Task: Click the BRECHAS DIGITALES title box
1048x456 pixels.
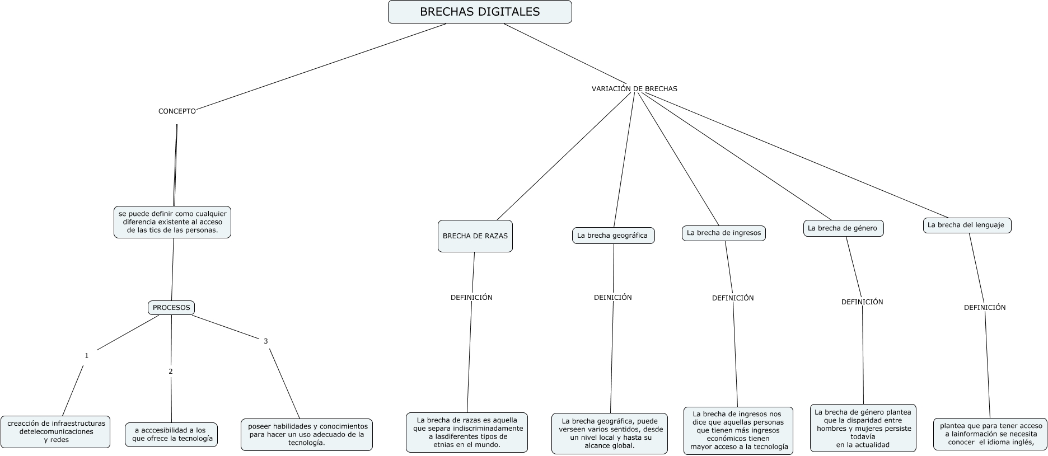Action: [x=480, y=12]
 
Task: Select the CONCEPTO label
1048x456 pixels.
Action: [x=177, y=111]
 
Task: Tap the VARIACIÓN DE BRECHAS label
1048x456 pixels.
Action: [x=634, y=88]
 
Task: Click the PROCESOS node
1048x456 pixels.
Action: [x=171, y=308]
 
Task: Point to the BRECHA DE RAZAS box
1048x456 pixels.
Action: [x=475, y=236]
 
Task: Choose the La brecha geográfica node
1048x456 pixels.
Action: [x=612, y=236]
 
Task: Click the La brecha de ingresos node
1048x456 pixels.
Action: [x=723, y=233]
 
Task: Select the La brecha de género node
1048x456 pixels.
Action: [x=843, y=228]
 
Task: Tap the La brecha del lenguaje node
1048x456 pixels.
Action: [x=966, y=225]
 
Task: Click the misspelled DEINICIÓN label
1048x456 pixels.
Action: [x=612, y=298]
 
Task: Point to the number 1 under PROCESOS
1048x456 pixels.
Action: [x=87, y=356]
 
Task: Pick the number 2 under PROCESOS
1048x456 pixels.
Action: [x=171, y=371]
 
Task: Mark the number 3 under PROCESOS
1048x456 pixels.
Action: [x=266, y=341]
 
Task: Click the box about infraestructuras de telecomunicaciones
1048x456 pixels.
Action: [x=56, y=431]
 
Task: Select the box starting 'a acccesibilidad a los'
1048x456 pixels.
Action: [x=171, y=434]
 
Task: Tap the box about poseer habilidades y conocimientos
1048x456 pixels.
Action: [x=307, y=434]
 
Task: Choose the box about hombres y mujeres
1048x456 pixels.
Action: [x=863, y=428]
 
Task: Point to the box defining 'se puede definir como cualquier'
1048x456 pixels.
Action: [x=172, y=222]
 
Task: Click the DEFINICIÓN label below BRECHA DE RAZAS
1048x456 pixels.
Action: [x=471, y=298]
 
